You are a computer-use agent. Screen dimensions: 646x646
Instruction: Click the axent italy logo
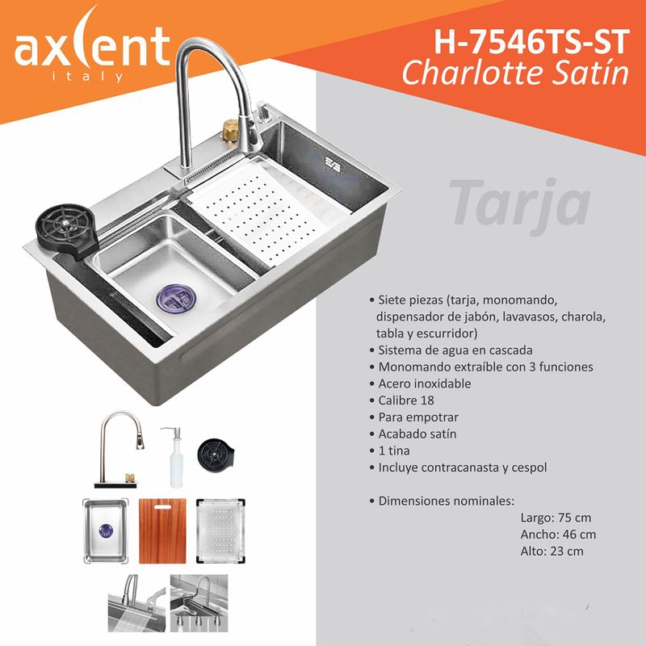point(92,45)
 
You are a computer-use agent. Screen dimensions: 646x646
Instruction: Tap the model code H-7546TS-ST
point(532,42)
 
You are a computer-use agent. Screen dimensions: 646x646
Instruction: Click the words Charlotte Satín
point(515,73)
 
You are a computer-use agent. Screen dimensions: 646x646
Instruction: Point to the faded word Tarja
point(520,206)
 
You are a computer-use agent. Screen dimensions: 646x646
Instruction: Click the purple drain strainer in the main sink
point(176,297)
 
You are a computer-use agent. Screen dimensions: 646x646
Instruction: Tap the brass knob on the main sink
point(230,130)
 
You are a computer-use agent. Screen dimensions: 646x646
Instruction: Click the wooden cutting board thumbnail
point(162,531)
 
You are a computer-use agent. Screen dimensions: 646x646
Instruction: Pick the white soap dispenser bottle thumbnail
point(176,457)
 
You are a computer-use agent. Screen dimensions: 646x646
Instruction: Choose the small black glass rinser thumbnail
point(216,455)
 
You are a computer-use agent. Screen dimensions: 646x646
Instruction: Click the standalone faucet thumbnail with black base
point(119,450)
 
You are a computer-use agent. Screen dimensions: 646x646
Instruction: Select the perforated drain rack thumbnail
point(220,531)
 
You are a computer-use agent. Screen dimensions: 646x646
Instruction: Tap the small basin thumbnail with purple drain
point(106,531)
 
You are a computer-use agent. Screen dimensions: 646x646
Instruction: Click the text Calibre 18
point(401,401)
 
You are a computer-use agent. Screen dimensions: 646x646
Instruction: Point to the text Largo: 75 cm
point(556,518)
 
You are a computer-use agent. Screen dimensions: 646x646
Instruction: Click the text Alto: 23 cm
point(552,551)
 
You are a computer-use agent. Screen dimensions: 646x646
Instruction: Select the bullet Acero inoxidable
point(420,384)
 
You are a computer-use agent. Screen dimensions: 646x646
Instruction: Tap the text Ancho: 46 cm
point(558,535)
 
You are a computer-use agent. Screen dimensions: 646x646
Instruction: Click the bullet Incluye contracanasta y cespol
point(458,468)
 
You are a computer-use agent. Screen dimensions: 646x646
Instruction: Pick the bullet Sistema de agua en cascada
point(451,350)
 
